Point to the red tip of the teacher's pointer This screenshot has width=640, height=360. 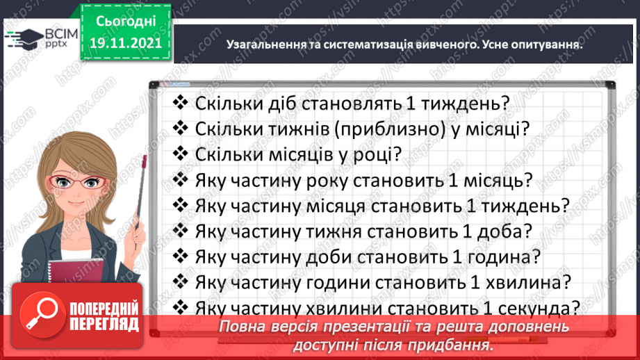click(x=144, y=162)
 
